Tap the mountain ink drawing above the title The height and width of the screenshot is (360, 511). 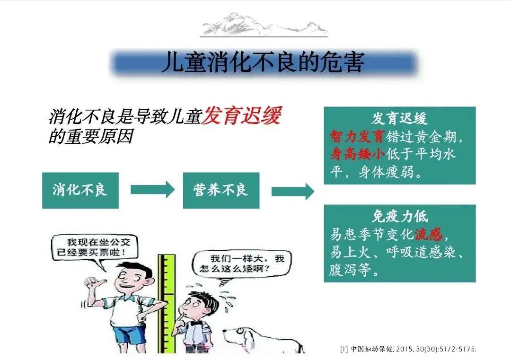coord(264,24)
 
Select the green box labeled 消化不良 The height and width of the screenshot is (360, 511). coord(80,190)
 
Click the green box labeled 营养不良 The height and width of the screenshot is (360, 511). coord(221,190)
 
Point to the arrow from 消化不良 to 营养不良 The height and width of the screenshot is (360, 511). coord(152,190)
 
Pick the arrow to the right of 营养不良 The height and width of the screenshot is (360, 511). coord(293,191)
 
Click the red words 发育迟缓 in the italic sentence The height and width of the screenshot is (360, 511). coord(241,115)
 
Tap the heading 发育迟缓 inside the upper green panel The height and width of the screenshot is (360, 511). coord(399,118)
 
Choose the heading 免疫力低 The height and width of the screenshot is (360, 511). coord(399,216)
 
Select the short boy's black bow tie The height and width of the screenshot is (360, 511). coord(196,323)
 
